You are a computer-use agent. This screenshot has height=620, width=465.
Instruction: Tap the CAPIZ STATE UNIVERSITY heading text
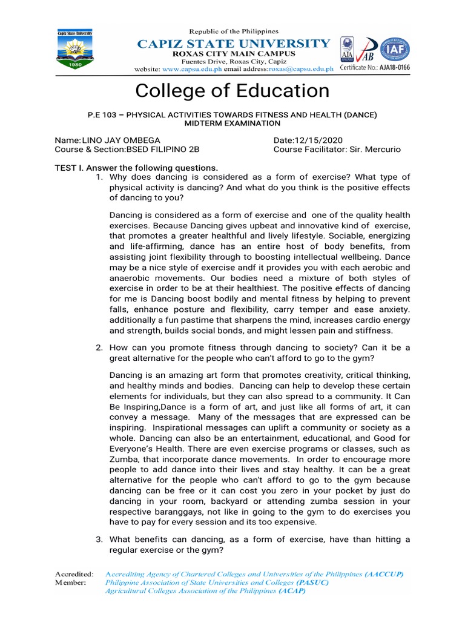click(234, 43)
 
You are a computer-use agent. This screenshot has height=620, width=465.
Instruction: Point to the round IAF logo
click(394, 49)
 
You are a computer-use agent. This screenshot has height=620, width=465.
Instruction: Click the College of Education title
click(232, 91)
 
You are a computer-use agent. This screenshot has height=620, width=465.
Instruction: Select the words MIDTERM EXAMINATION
click(232, 123)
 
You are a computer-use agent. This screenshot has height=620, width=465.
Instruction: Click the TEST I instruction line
click(136, 168)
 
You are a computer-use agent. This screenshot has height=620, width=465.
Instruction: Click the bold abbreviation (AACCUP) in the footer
click(384, 573)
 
